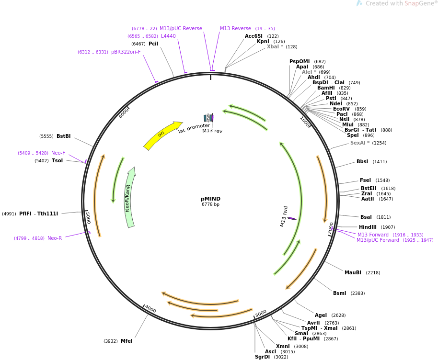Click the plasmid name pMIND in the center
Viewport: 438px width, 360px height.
[x=210, y=199]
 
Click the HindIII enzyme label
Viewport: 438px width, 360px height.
[x=368, y=227]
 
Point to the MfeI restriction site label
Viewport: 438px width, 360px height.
[x=127, y=341]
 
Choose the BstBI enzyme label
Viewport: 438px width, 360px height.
[x=63, y=136]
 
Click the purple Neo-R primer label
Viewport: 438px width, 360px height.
[x=55, y=238]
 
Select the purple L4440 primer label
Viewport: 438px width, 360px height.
[x=168, y=36]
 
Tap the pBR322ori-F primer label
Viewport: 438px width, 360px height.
[x=126, y=52]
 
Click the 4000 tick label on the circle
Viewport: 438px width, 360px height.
[x=150, y=309]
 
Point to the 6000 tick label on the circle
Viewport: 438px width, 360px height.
[x=124, y=112]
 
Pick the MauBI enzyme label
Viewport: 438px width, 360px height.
[x=353, y=273]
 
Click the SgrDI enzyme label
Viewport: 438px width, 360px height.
[x=263, y=357]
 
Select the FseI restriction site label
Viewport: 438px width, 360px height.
[x=366, y=180]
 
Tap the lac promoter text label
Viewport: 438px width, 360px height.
[x=194, y=128]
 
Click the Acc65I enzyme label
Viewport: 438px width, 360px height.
[x=254, y=36]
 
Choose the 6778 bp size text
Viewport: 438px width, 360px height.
[x=210, y=205]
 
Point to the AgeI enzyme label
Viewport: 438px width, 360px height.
[x=321, y=315]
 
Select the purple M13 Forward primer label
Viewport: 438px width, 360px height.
[x=373, y=235]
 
